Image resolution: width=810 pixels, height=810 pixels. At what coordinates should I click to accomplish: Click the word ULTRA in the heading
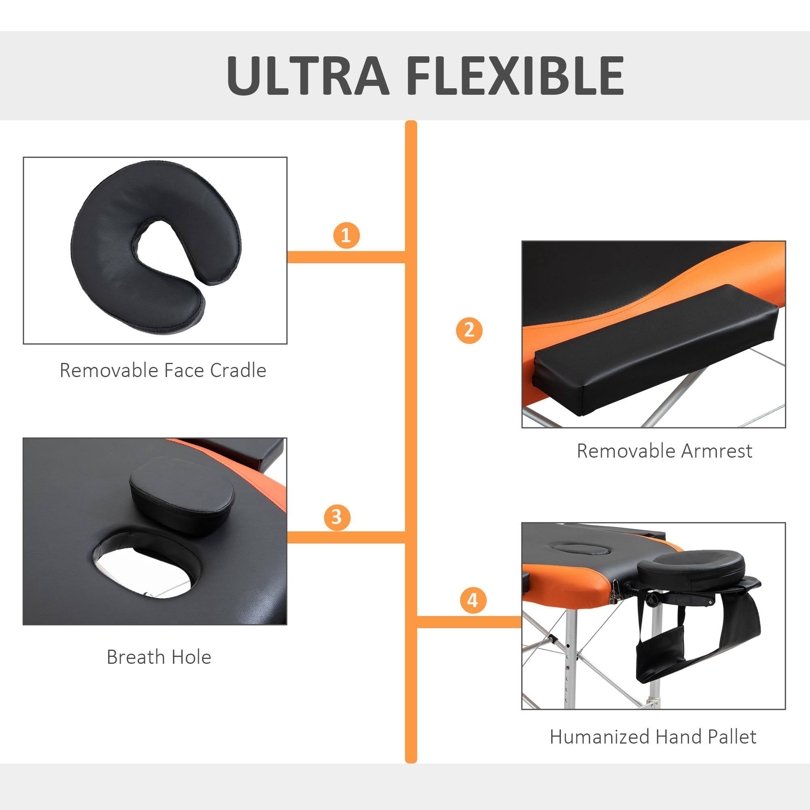tap(308, 76)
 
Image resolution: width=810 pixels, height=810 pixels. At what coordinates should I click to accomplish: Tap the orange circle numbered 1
tap(346, 235)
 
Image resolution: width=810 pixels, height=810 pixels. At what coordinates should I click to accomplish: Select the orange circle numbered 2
tap(469, 330)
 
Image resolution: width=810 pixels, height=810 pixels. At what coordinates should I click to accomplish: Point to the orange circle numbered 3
tap(337, 517)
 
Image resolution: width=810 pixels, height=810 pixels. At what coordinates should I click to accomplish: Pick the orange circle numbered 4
tap(473, 601)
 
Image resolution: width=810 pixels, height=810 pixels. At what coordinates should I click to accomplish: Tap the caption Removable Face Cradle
tap(163, 370)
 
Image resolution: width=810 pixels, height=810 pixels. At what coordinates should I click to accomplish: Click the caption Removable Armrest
tap(665, 451)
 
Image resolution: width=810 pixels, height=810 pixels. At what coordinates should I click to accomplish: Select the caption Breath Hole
tap(159, 657)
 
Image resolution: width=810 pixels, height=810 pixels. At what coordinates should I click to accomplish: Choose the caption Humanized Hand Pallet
tap(653, 737)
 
